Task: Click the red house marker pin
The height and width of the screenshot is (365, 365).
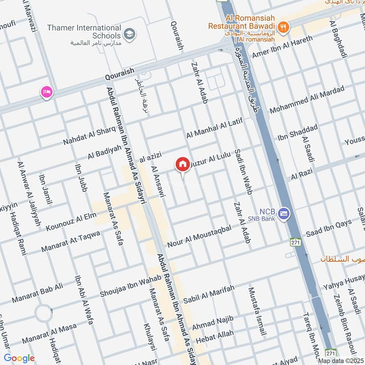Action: click(182, 164)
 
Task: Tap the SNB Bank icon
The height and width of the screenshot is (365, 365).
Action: click(284, 213)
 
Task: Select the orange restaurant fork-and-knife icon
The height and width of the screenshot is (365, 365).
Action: click(284, 27)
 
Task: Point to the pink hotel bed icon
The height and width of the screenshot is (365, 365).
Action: click(47, 92)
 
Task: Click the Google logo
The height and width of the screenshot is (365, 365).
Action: click(19, 358)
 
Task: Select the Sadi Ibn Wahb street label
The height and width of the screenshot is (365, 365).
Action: click(242, 172)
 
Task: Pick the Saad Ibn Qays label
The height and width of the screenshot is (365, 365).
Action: click(329, 228)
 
